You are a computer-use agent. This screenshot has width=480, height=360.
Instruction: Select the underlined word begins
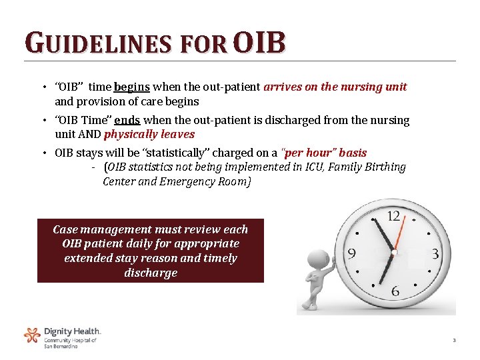(133, 87)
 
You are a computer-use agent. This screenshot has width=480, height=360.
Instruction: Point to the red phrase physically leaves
(149, 134)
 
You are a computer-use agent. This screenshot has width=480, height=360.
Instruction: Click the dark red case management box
(150, 251)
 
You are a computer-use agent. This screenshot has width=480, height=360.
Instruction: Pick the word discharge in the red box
(151, 273)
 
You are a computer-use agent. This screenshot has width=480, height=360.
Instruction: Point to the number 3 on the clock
(435, 254)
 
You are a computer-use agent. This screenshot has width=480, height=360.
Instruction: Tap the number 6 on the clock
(395, 291)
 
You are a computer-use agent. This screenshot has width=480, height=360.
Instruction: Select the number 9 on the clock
(351, 254)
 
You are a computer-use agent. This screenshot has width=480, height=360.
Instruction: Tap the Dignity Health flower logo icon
(32, 335)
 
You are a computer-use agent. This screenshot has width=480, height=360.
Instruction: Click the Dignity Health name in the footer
(72, 331)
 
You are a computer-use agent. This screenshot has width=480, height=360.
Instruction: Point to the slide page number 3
(454, 341)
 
